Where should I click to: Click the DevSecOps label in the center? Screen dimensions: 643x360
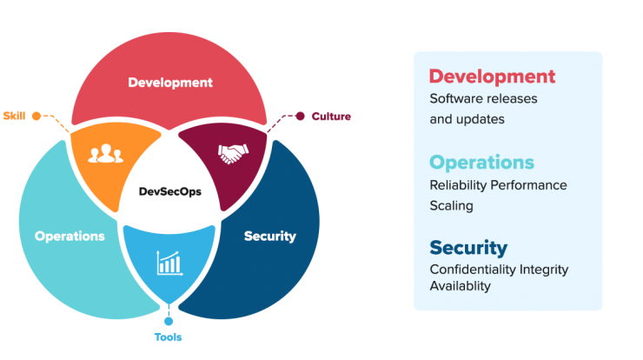pyautogui.click(x=169, y=191)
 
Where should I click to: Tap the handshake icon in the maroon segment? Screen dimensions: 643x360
pyautogui.click(x=233, y=154)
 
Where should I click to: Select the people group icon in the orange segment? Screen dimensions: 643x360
pyautogui.click(x=106, y=154)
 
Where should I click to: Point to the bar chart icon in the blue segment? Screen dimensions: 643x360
pyautogui.click(x=169, y=263)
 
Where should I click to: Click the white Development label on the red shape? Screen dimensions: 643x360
pyautogui.click(x=170, y=83)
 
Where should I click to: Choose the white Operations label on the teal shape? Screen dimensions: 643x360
pyautogui.click(x=70, y=237)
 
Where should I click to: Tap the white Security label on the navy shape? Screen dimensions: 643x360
pyautogui.click(x=270, y=236)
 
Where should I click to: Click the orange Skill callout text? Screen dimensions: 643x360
pyautogui.click(x=15, y=116)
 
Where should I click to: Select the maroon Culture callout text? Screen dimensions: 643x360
pyautogui.click(x=331, y=117)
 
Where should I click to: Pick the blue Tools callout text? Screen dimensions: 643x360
pyautogui.click(x=168, y=337)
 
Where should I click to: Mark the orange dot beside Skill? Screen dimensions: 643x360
pyautogui.click(x=36, y=117)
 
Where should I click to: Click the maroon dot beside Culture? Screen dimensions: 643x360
pyautogui.click(x=300, y=117)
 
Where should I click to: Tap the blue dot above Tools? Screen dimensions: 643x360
pyautogui.click(x=169, y=321)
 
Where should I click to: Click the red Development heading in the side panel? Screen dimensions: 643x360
pyautogui.click(x=492, y=77)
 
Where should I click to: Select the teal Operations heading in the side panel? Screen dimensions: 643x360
pyautogui.click(x=482, y=163)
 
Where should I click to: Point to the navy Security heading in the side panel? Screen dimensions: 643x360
pyautogui.click(x=468, y=248)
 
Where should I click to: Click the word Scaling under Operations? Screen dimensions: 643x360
pyautogui.click(x=452, y=206)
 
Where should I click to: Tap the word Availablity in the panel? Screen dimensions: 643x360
pyautogui.click(x=461, y=286)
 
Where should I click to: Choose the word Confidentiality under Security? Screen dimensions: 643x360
pyautogui.click(x=473, y=270)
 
